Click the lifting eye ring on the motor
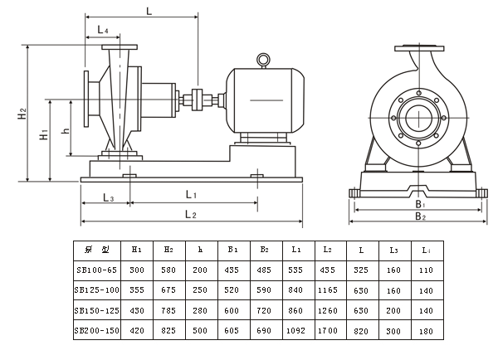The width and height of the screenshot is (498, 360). (x=263, y=60)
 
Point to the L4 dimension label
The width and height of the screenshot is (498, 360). (x=103, y=30)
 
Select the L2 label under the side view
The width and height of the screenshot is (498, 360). (x=189, y=215)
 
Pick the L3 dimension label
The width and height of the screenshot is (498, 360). (x=108, y=197)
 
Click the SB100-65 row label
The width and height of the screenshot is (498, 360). (x=96, y=270)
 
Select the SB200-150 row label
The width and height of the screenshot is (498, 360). (x=97, y=329)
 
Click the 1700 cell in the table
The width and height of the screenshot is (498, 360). (x=327, y=329)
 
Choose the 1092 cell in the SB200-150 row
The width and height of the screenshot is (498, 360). (x=295, y=329)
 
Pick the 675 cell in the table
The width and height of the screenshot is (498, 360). (x=168, y=289)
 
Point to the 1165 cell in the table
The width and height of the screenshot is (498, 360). (x=327, y=289)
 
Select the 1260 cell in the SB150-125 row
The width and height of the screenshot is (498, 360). (x=327, y=309)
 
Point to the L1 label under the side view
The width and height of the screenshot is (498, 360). (x=190, y=194)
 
